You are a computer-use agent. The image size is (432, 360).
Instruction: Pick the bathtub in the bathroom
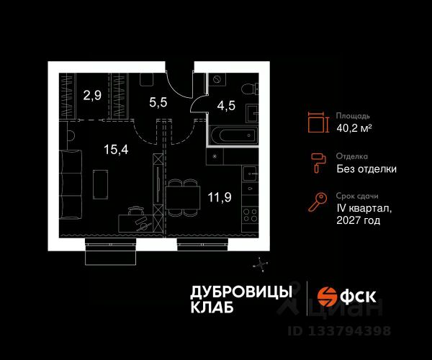(x=231, y=135)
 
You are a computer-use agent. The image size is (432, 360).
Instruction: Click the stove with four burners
(x=250, y=214)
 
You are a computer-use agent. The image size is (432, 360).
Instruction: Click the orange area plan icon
(x=315, y=122)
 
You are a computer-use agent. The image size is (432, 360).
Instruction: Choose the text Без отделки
(x=366, y=169)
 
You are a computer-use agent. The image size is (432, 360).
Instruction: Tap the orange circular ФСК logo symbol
(x=328, y=296)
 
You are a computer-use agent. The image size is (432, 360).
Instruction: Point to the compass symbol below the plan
(x=260, y=264)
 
